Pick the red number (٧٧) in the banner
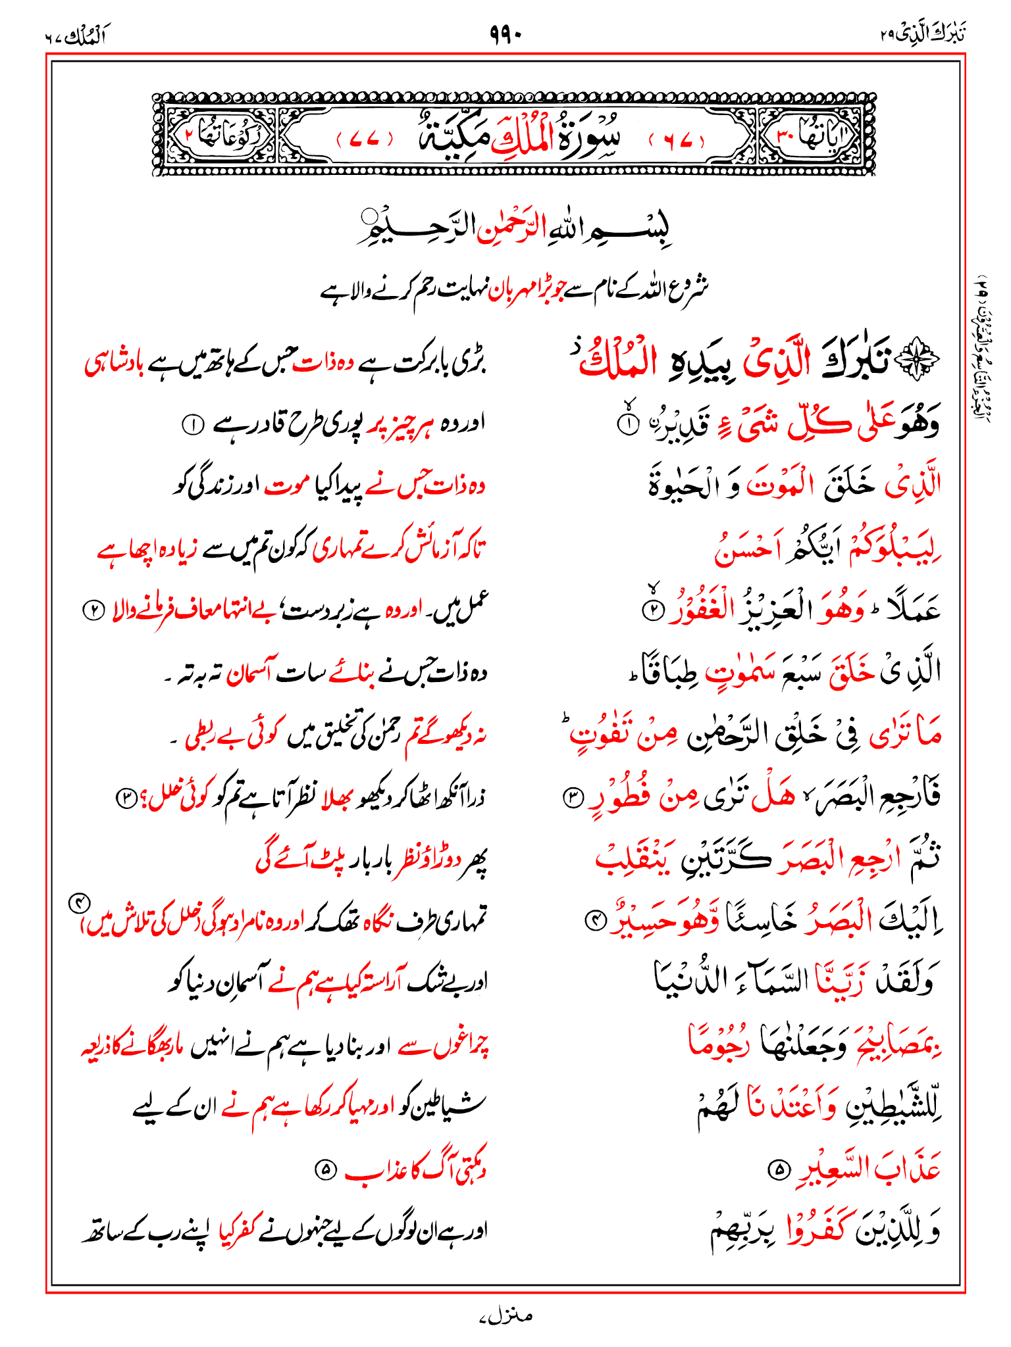(x=364, y=140)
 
